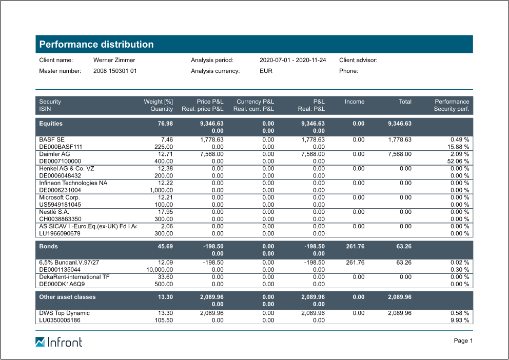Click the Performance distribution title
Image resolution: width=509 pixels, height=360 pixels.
click(96, 44)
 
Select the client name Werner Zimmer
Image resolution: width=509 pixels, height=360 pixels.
click(114, 60)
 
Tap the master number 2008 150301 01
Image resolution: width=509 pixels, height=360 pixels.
click(115, 71)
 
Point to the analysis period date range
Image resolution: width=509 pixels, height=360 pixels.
click(292, 60)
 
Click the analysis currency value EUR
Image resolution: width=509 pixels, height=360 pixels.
click(266, 71)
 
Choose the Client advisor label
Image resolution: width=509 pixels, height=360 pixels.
click(358, 60)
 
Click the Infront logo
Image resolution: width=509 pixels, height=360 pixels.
click(58, 342)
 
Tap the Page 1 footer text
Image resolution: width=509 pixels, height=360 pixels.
click(463, 341)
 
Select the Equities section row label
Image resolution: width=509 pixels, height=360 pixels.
click(51, 124)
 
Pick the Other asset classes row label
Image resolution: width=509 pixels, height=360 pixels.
click(67, 297)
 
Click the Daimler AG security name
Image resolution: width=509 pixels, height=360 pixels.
click(54, 154)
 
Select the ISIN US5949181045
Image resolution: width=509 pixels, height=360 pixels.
click(60, 205)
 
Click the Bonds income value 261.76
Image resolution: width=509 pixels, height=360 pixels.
click(355, 247)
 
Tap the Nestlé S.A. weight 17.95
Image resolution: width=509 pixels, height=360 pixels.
click(165, 212)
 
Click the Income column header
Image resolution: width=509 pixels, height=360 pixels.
click(355, 102)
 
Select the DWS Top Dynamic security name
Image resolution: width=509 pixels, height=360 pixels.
click(64, 313)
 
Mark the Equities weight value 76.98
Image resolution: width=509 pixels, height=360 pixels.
click(165, 124)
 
